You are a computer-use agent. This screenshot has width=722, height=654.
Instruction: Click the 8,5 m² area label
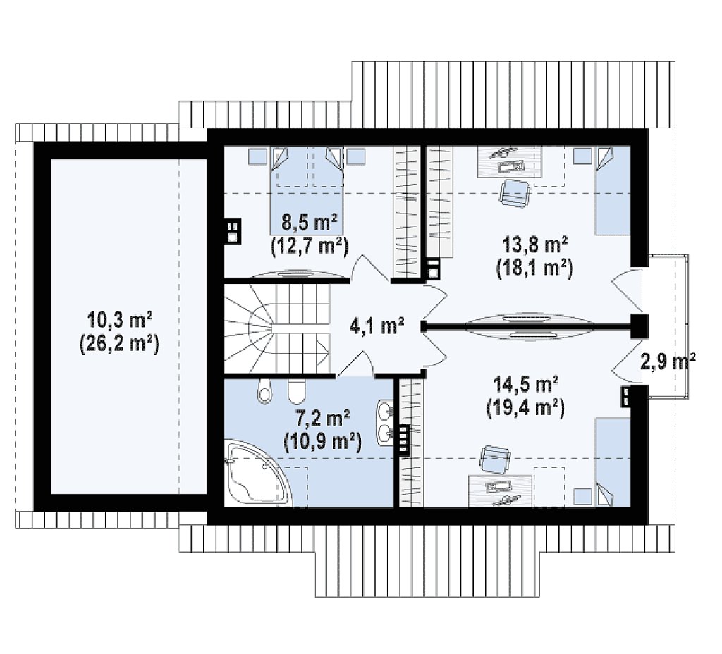click(x=309, y=224)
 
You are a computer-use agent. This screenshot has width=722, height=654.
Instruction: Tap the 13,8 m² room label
click(x=534, y=245)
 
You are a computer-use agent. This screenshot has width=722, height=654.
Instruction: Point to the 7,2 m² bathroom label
click(x=322, y=419)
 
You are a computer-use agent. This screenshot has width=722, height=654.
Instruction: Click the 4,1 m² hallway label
click(x=377, y=326)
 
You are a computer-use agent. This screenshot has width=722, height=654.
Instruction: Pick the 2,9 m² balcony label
click(x=668, y=362)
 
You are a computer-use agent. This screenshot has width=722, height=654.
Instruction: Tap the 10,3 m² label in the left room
click(x=120, y=319)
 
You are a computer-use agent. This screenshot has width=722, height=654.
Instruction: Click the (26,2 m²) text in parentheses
click(x=120, y=344)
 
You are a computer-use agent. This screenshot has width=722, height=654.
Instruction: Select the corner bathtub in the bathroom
click(x=258, y=474)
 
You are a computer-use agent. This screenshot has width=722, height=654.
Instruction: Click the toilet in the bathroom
click(x=297, y=390)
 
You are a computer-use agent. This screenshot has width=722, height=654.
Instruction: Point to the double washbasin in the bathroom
click(x=385, y=423)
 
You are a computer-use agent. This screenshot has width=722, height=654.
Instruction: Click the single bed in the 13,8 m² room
click(x=613, y=190)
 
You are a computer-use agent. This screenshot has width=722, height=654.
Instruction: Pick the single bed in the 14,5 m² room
click(x=613, y=462)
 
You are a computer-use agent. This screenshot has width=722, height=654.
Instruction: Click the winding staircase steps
click(x=277, y=328)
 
